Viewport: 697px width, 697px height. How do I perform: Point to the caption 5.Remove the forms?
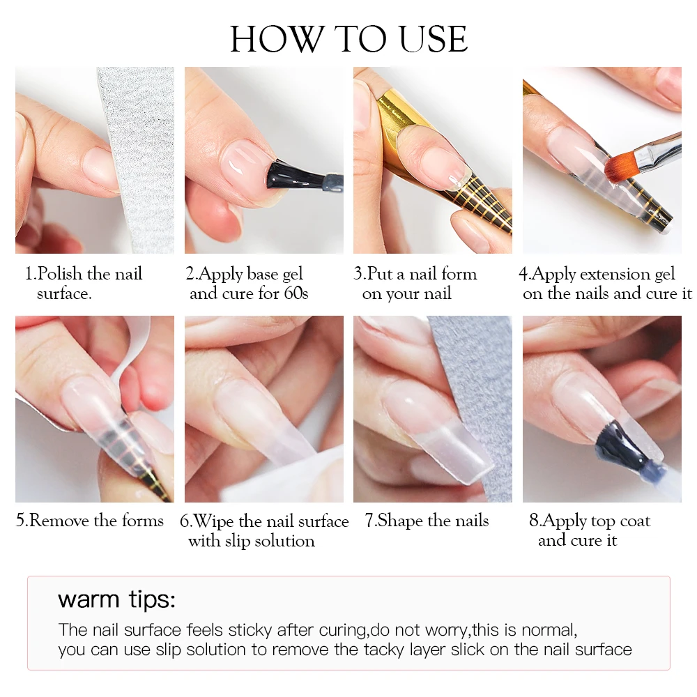coord(90,521)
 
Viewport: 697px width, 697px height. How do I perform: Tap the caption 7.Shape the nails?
coord(427,521)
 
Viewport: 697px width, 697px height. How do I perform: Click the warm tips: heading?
coord(116,599)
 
